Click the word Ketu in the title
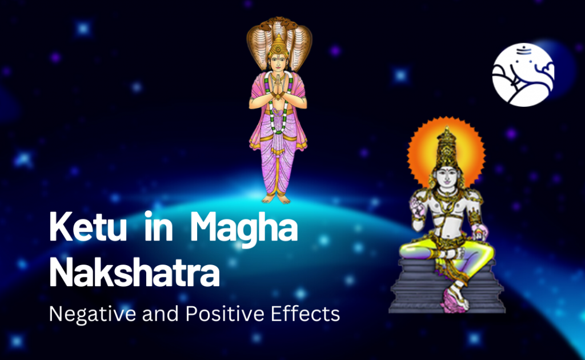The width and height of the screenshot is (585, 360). click(88, 227)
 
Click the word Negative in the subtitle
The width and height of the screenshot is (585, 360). click(93, 314)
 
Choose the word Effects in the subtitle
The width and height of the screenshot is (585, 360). click(306, 314)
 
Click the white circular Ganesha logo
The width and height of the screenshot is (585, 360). click(523, 75)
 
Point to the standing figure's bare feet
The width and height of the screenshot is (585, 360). click(277, 199)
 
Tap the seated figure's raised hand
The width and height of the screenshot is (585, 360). click(416, 206)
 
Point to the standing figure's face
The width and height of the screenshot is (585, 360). click(278, 63)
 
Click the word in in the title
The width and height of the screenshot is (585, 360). click(158, 226)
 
